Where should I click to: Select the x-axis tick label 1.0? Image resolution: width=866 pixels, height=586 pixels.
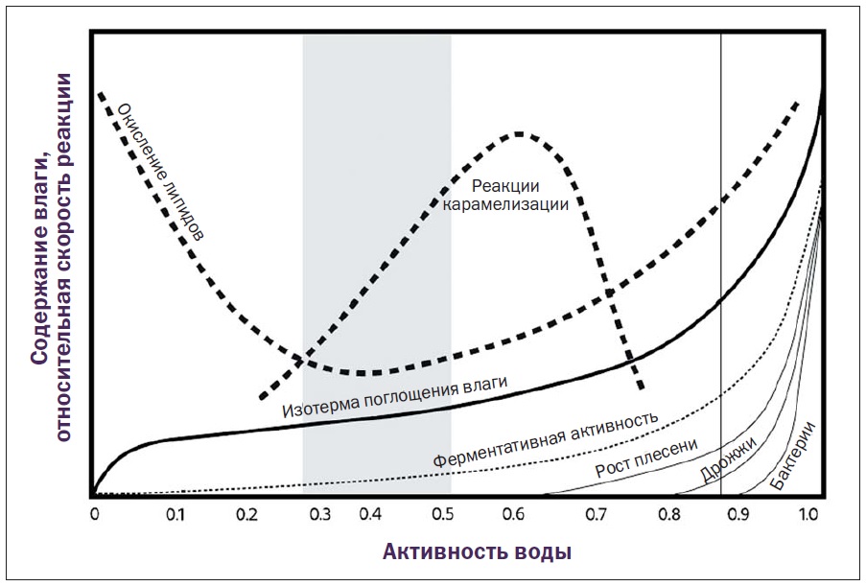(x=807, y=514)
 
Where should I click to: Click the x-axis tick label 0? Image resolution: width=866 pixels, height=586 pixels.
(x=95, y=514)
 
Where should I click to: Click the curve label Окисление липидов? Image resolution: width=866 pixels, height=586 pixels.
(x=160, y=170)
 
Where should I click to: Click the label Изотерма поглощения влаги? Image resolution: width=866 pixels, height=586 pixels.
(x=394, y=396)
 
